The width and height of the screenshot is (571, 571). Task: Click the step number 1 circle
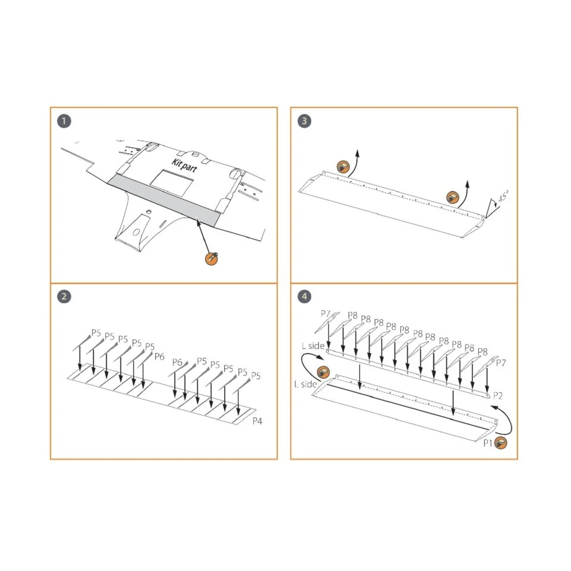pyautogui.click(x=64, y=121)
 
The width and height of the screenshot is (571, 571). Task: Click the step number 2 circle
pyautogui.click(x=64, y=297)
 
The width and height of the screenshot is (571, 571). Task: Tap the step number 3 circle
pyautogui.click(x=304, y=121)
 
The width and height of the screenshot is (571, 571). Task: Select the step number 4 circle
pyautogui.click(x=304, y=297)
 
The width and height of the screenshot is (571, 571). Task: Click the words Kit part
pyautogui.click(x=184, y=165)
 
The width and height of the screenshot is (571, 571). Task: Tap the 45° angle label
pyautogui.click(x=503, y=197)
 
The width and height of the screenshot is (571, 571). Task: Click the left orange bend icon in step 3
pyautogui.click(x=343, y=167)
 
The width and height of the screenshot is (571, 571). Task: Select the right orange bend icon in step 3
pyautogui.click(x=453, y=197)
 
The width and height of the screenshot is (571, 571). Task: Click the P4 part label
pyautogui.click(x=257, y=421)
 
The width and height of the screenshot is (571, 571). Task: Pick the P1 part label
pyautogui.click(x=488, y=443)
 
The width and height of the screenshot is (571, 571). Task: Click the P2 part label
pyautogui.click(x=498, y=395)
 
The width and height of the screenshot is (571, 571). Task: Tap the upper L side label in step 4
pyautogui.click(x=313, y=346)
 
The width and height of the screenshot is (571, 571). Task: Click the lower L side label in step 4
pyautogui.click(x=305, y=384)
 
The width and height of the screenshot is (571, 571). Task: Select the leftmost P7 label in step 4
pyautogui.click(x=325, y=314)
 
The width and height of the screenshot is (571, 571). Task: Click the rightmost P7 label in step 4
pyautogui.click(x=501, y=363)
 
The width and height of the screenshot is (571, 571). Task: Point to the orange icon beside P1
pyautogui.click(x=501, y=443)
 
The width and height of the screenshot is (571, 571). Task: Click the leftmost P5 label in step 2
pyautogui.click(x=96, y=333)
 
